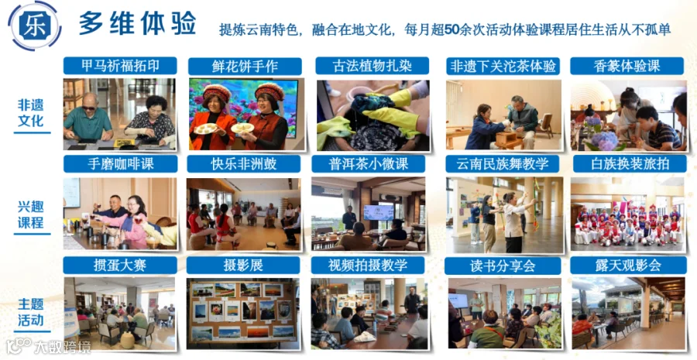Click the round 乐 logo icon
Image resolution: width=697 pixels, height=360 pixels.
click(35, 26)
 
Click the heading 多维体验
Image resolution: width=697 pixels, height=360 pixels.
click(137, 24)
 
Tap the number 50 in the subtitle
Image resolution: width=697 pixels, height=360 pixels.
click(452, 29)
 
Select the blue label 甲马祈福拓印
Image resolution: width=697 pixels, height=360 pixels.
click(120, 66)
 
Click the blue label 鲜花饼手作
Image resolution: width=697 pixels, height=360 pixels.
click(245, 67)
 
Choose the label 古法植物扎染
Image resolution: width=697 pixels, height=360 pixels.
click(372, 66)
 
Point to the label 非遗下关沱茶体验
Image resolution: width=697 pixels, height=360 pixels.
click(503, 67)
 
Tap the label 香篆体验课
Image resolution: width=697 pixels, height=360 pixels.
click(627, 66)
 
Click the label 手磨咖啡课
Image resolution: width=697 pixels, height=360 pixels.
click(121, 163)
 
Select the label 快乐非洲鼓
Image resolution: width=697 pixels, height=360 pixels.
click(244, 163)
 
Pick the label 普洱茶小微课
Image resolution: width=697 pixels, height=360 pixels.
click(368, 163)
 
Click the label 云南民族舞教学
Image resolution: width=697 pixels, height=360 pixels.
click(503, 163)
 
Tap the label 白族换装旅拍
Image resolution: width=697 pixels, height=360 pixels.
click(630, 163)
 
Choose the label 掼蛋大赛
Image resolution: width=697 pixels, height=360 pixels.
click(120, 266)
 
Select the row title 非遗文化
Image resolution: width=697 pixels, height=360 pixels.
click(31, 112)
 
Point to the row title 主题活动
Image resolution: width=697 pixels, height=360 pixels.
click(31, 312)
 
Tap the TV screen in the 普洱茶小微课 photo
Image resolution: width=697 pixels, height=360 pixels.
click(379, 212)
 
